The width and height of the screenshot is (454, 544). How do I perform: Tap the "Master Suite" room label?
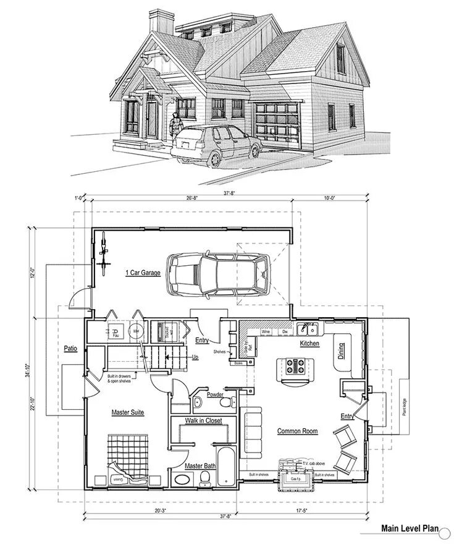click(128, 412)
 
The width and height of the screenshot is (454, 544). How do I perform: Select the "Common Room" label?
click(297, 431)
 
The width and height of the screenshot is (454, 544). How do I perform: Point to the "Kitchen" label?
click(309, 343)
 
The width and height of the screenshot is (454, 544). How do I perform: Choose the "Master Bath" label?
click(200, 465)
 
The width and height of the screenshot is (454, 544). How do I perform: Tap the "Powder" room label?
click(216, 394)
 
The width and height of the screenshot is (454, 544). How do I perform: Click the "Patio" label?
click(70, 349)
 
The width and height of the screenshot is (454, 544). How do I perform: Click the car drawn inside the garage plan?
click(219, 274)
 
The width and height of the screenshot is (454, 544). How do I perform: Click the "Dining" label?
click(342, 353)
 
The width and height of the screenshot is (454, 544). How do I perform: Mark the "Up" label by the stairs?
click(195, 357)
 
